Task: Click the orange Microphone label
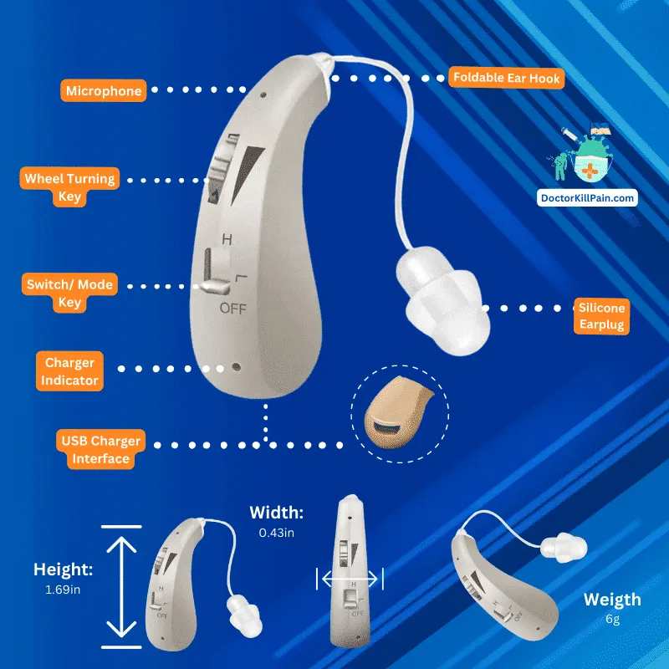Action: pyautogui.click(x=104, y=90)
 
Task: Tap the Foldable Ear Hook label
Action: pyautogui.click(x=507, y=78)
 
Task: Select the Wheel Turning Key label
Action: pyautogui.click(x=69, y=186)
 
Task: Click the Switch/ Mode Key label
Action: pyautogui.click(x=69, y=293)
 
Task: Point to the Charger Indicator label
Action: pyautogui.click(x=69, y=371)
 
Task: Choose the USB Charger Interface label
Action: pyautogui.click(x=100, y=449)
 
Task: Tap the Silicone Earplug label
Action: pyautogui.click(x=601, y=316)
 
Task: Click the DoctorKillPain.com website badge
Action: pyautogui.click(x=587, y=198)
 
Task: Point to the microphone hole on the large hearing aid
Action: pyautogui.click(x=263, y=94)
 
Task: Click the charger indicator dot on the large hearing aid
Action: pyautogui.click(x=236, y=367)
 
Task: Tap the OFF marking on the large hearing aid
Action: pyautogui.click(x=233, y=308)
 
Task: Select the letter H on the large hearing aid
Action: pyautogui.click(x=227, y=239)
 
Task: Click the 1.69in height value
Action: pyautogui.click(x=63, y=590)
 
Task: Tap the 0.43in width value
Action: pyautogui.click(x=277, y=533)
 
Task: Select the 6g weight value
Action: pyautogui.click(x=612, y=619)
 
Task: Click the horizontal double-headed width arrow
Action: pyautogui.click(x=350, y=579)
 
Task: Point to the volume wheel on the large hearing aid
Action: pyautogui.click(x=222, y=169)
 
